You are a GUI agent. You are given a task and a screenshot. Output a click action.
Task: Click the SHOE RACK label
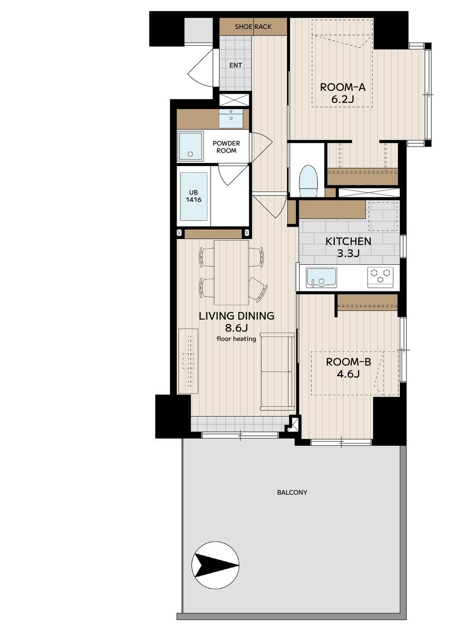[x=253, y=27]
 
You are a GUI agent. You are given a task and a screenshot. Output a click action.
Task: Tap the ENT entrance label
[x=236, y=66]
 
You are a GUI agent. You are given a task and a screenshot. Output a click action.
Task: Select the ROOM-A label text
[x=342, y=87]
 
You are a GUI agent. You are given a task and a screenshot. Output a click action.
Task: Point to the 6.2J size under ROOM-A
[x=342, y=100]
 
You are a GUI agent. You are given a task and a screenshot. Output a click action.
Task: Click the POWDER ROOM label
[x=226, y=147]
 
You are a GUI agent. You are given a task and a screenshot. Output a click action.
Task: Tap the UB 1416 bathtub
[x=193, y=196]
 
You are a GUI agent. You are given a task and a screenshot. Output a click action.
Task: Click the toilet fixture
[x=308, y=181]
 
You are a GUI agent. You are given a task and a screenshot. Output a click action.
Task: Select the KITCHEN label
[x=348, y=241]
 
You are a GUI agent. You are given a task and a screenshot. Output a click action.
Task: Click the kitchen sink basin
[x=321, y=277]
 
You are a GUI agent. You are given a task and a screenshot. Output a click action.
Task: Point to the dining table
[x=231, y=273]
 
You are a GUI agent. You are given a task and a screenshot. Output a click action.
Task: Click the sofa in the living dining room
[x=277, y=372]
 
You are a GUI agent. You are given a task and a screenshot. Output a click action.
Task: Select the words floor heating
[x=236, y=339]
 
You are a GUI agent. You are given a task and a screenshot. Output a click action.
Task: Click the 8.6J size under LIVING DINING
[x=236, y=328]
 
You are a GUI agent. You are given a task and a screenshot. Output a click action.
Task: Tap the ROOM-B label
[x=348, y=362]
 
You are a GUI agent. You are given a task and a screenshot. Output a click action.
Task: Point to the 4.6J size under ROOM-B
[x=348, y=374]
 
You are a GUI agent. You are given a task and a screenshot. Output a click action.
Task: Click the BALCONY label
[x=292, y=492]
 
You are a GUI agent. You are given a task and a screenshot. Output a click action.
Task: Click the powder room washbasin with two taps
[x=231, y=119]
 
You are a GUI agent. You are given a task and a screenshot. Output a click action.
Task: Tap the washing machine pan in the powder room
[x=190, y=146]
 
